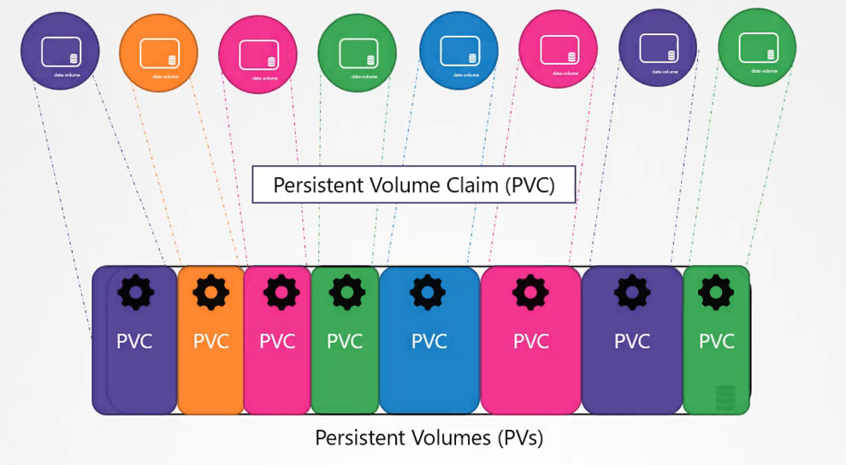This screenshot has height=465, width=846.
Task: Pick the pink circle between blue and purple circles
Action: pyautogui.click(x=558, y=50)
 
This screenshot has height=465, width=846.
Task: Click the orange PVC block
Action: pyautogui.click(x=210, y=339)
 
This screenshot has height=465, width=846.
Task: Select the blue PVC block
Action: pyautogui.click(x=429, y=339)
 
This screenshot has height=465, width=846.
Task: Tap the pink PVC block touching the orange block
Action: pyautogui.click(x=277, y=339)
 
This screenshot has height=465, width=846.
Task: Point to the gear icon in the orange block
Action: pyautogui.click(x=210, y=293)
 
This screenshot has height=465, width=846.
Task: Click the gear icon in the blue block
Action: pyautogui.click(x=429, y=293)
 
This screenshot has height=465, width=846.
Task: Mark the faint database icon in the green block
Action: pyautogui.click(x=725, y=396)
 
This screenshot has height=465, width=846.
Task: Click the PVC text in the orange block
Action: pyautogui.click(x=210, y=342)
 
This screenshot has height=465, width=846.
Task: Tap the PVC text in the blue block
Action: pyautogui.click(x=429, y=342)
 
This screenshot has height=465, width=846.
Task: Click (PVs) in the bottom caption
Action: pyautogui.click(x=518, y=438)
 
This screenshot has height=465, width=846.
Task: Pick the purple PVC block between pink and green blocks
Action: pyautogui.click(x=632, y=339)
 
